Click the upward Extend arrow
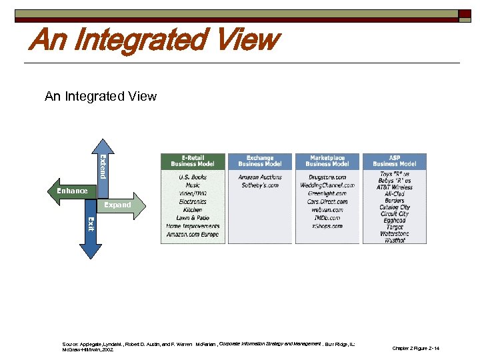[100, 163]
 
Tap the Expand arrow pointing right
[120, 205]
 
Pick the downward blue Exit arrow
[91, 233]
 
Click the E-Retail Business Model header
[193, 161]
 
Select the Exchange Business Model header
[259, 161]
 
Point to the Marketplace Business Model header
[327, 161]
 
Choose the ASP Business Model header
[394, 161]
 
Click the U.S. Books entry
[193, 177]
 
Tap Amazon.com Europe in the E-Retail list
[193, 234]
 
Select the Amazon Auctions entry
[259, 177]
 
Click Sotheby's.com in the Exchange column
[259, 185]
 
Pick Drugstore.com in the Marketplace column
[327, 177]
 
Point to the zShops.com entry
[327, 226]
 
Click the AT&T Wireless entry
[394, 187]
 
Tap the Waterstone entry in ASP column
[394, 234]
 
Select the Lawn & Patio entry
[193, 218]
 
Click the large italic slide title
[152, 40]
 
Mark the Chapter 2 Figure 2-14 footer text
[416, 349]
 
